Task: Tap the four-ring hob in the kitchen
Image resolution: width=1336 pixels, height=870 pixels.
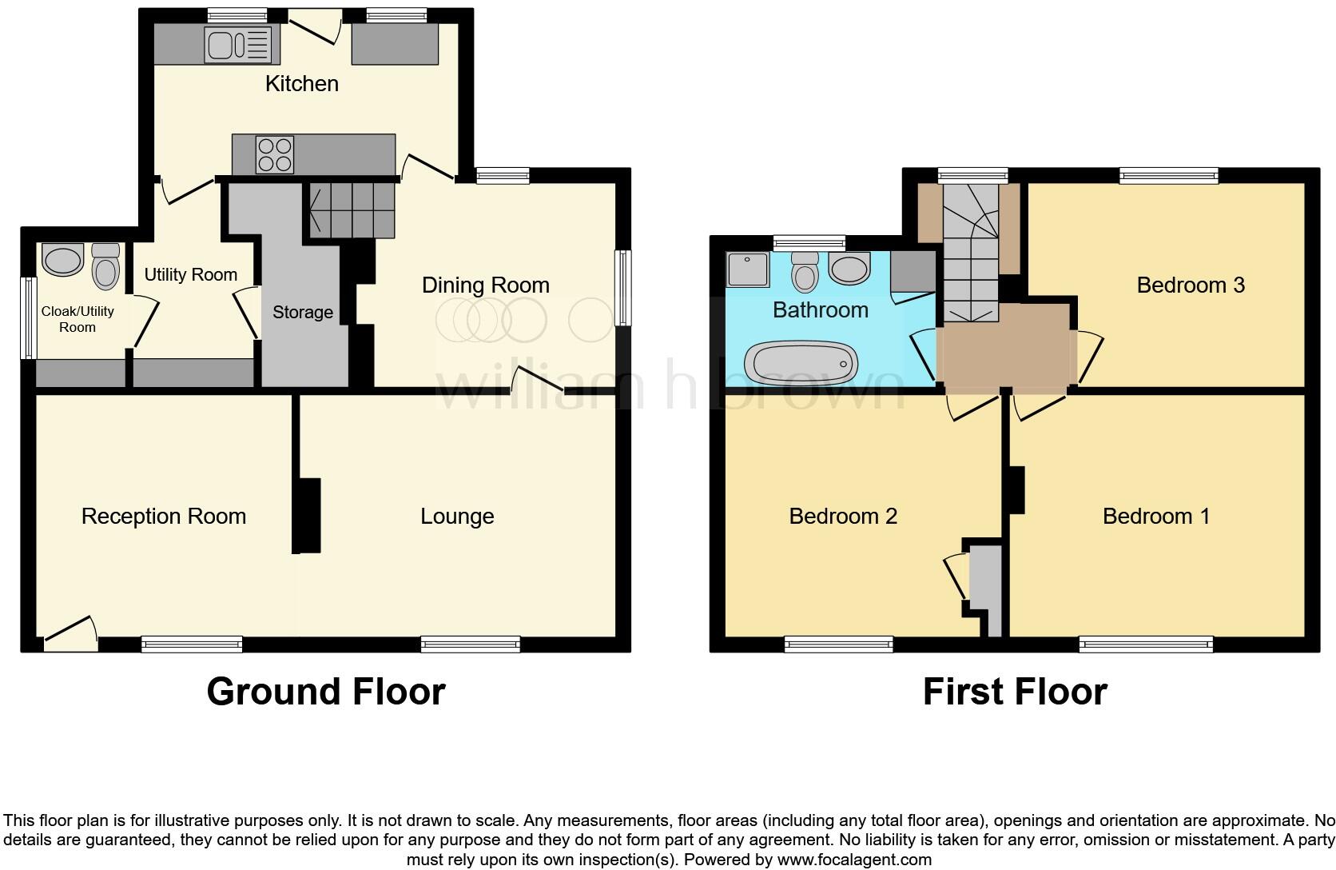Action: (274, 154)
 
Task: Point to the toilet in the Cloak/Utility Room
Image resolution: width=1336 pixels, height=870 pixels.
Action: (105, 265)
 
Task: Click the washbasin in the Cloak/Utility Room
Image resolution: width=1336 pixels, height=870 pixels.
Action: (62, 260)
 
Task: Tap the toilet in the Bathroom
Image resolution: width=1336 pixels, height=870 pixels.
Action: (804, 271)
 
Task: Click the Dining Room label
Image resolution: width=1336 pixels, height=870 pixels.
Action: (485, 285)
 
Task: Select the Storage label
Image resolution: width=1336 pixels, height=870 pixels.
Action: (302, 312)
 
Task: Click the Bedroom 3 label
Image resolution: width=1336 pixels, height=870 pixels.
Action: (1190, 285)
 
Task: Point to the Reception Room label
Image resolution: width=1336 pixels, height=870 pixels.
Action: (163, 517)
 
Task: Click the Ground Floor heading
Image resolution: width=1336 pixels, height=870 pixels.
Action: (325, 692)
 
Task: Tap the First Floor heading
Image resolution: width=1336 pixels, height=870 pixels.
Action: (1014, 692)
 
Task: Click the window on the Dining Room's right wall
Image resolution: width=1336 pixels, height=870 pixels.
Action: (622, 287)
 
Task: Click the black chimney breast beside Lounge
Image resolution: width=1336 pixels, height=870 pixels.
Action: (307, 516)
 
